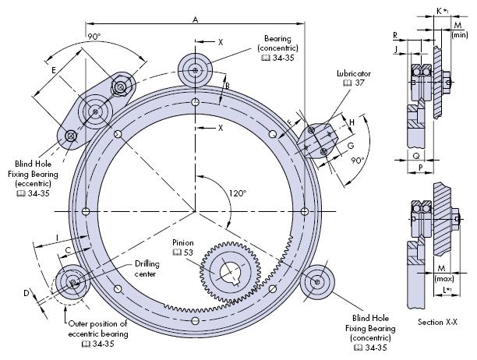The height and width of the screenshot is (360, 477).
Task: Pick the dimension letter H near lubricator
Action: (352, 122)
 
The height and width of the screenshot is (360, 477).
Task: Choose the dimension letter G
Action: (351, 145)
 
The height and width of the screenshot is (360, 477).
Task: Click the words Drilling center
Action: (150, 269)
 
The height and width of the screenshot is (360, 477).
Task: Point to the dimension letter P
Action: (419, 167)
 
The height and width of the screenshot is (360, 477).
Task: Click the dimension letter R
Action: (396, 36)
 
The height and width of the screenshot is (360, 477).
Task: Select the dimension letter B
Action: (227, 86)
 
